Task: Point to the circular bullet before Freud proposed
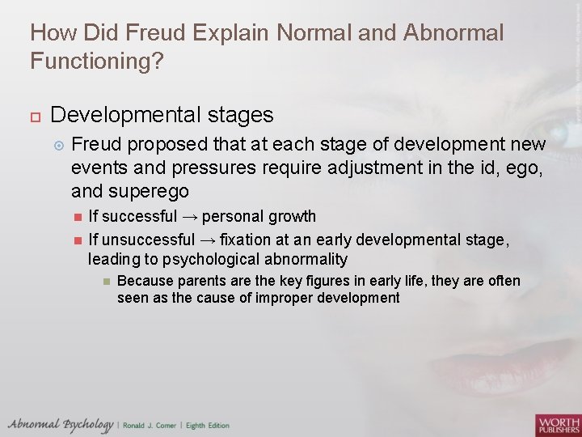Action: click(57, 146)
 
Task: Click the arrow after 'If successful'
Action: click(191, 217)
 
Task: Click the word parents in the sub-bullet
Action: click(205, 281)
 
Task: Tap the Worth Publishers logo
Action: click(557, 424)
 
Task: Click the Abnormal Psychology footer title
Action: click(61, 424)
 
